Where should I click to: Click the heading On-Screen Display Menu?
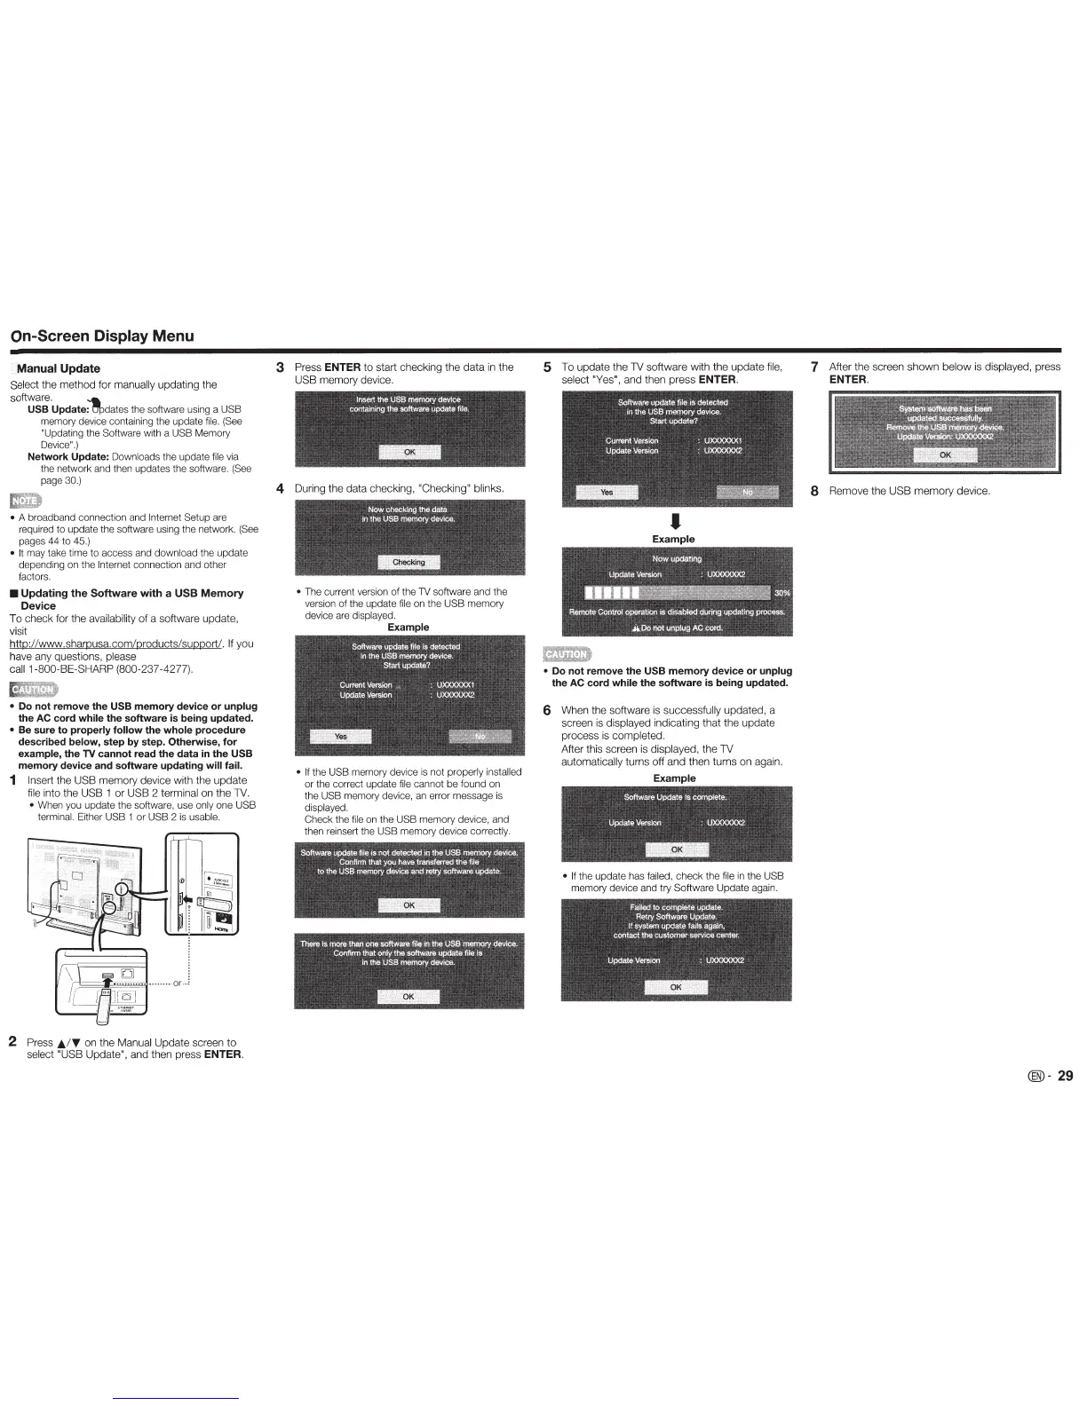click(101, 336)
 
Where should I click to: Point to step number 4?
click(280, 488)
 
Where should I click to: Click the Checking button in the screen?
click(409, 562)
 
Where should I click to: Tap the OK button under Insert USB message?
click(409, 452)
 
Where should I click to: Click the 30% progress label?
click(782, 593)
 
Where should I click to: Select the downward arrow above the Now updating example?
click(673, 520)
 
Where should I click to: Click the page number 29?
click(1065, 1076)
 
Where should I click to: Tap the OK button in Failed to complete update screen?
click(676, 987)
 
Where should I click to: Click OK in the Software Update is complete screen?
click(676, 849)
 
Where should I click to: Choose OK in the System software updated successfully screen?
click(945, 455)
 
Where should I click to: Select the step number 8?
click(814, 491)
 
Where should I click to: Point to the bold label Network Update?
click(67, 456)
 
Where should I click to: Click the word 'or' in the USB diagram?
click(178, 982)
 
